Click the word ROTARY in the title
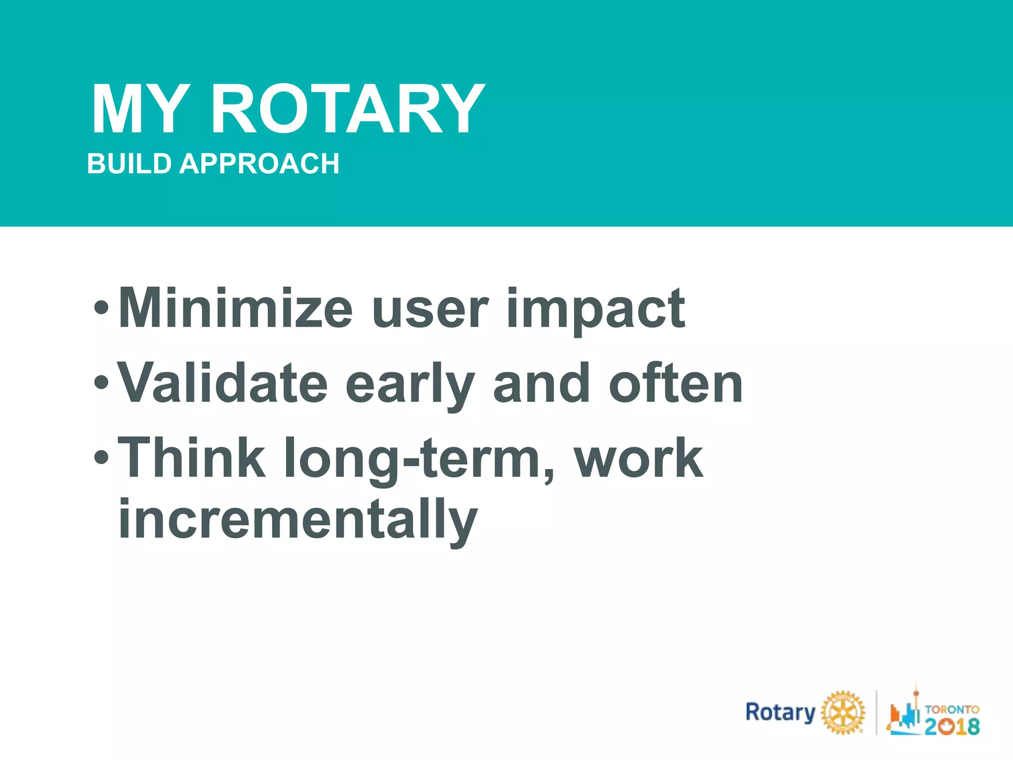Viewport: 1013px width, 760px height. (348, 109)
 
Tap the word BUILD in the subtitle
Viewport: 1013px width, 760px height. (129, 164)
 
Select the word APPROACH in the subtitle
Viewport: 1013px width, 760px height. (259, 164)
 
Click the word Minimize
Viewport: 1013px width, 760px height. (235, 309)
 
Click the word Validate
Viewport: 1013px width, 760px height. (223, 383)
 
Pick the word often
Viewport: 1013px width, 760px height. (676, 383)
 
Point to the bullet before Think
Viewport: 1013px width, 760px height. (101, 458)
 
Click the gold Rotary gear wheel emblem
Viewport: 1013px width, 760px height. (843, 712)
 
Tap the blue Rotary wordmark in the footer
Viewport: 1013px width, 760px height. (780, 713)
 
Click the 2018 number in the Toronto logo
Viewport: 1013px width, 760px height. (952, 726)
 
